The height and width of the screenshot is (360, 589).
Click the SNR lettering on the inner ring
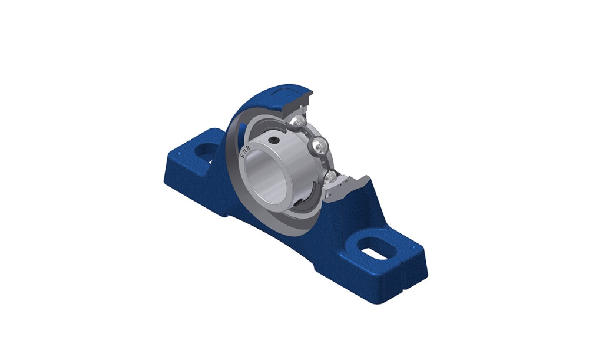[x=245, y=151]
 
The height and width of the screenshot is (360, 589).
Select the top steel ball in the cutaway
[x=299, y=121]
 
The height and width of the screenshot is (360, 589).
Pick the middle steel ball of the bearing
[x=320, y=145]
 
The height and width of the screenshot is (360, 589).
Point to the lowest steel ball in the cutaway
[x=330, y=177]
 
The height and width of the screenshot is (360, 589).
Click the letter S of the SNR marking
[x=242, y=156]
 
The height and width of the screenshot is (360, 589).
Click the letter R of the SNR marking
[x=249, y=147]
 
